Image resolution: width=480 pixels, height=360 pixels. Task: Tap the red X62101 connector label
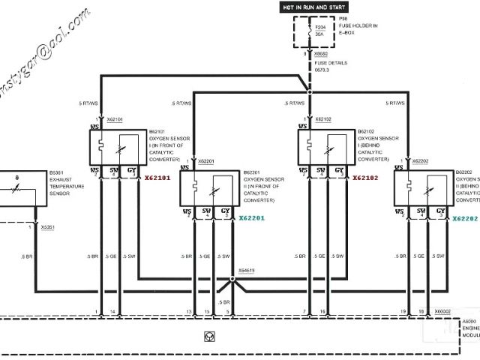pos(157,178)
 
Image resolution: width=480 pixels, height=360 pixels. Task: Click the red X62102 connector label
pos(365,178)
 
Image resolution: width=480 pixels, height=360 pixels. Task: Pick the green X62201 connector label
pos(253,218)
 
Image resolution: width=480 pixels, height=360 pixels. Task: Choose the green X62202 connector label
pos(465,218)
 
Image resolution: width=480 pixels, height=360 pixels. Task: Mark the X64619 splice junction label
pos(247,270)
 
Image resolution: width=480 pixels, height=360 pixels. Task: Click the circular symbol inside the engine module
pos(206,336)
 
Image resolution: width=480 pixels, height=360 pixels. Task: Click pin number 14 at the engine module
pos(112,310)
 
